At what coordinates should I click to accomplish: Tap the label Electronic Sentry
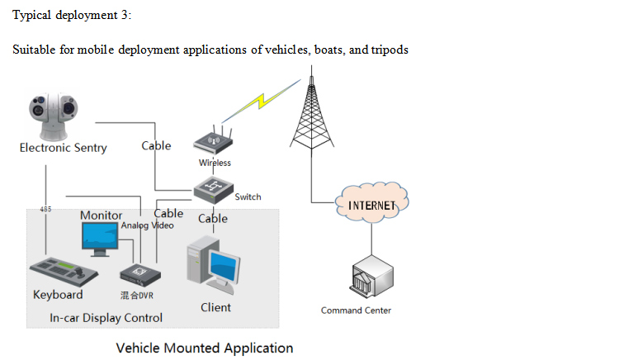(x=64, y=148)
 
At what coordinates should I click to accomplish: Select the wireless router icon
(x=215, y=142)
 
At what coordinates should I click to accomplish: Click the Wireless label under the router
(x=215, y=163)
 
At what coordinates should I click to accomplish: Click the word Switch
(x=248, y=197)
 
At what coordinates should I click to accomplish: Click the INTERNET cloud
(x=373, y=205)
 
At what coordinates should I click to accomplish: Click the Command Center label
(x=356, y=310)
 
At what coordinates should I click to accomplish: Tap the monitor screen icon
(x=100, y=238)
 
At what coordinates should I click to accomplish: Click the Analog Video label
(x=148, y=225)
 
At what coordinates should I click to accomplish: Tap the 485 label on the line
(x=46, y=210)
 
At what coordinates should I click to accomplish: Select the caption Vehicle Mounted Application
(x=205, y=348)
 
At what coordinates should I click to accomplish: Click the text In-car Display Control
(x=106, y=317)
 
